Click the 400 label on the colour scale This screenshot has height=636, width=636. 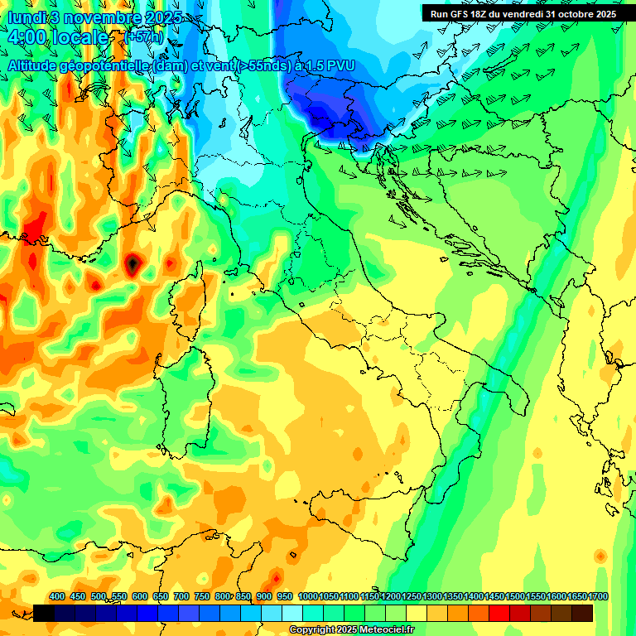coord(57,596)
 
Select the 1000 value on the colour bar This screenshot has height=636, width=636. coord(307,596)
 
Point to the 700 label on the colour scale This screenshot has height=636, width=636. coord(181,596)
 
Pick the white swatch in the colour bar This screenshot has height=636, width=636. coord(292,613)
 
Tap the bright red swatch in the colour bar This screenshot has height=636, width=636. coord(499,613)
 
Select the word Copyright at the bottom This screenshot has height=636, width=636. coord(312,630)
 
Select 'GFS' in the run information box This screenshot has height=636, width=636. coord(465,14)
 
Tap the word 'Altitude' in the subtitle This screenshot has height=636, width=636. coord(36,65)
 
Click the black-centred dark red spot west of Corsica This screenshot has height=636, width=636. coord(132,264)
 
